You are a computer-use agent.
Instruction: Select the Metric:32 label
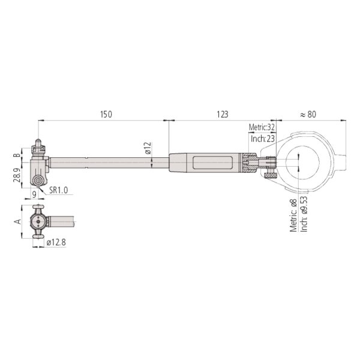tap(262, 127)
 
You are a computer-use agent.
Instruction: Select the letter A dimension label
tap(19, 221)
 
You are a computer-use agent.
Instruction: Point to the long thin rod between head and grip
tap(108, 161)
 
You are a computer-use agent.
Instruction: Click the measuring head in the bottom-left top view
tap(39, 221)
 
